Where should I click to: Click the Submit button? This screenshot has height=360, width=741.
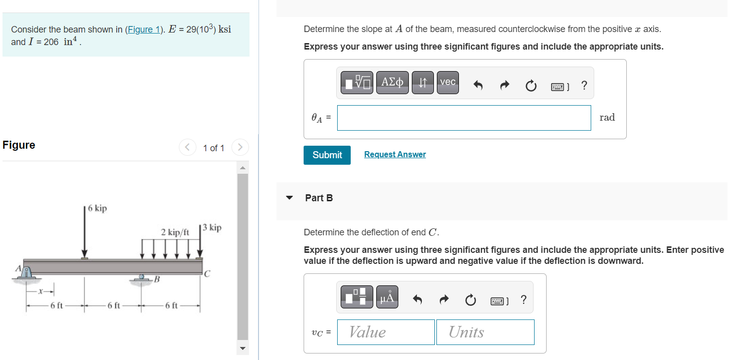327,155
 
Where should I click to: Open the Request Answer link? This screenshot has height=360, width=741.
395,155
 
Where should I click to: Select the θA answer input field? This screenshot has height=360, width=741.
463,118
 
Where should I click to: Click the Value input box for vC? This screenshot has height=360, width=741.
385,332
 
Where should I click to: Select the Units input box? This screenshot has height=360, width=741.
484,332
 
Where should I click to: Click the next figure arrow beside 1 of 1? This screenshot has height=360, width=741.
240,148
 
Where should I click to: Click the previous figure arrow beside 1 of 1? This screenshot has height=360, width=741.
187,148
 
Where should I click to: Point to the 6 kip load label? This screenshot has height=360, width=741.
97,208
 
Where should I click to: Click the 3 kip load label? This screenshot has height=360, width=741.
211,228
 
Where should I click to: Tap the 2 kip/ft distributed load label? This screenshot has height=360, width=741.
175,232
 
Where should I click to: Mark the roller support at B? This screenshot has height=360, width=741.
142,278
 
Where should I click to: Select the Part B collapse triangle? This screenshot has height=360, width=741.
289,198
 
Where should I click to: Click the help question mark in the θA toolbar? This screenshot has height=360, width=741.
584,86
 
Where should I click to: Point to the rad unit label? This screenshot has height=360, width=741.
607,118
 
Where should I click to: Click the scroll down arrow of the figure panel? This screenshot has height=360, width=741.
242,348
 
